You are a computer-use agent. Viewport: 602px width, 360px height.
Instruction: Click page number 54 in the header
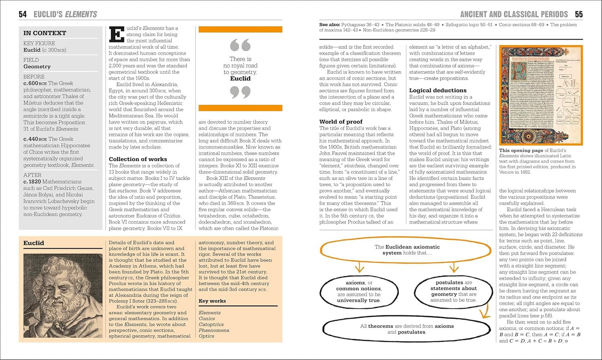23,14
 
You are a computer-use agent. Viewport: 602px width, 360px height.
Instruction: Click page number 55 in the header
578,14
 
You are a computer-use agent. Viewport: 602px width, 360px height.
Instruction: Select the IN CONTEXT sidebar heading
45,33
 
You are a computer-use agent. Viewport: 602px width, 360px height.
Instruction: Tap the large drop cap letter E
117,35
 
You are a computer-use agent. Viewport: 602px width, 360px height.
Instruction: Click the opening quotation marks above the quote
240,45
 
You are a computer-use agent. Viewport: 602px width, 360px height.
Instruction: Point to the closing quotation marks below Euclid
240,93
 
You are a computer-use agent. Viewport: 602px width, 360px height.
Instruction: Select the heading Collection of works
138,159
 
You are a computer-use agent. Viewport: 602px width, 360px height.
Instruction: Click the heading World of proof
341,122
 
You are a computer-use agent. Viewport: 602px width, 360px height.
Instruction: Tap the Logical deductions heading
438,90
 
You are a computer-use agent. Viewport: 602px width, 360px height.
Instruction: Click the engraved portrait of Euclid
63,295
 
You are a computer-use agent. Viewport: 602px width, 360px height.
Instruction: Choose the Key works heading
212,301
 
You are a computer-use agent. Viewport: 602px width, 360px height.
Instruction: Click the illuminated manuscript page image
541,95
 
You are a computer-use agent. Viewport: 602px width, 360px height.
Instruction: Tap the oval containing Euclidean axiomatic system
407,250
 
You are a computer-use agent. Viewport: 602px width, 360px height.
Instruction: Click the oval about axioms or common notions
359,291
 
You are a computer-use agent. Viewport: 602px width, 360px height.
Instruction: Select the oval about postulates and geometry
454,291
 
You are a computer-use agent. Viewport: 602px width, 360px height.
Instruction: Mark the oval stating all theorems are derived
407,329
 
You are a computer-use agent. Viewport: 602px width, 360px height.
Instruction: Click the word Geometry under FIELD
37,67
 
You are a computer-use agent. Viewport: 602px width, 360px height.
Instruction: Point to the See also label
329,24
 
